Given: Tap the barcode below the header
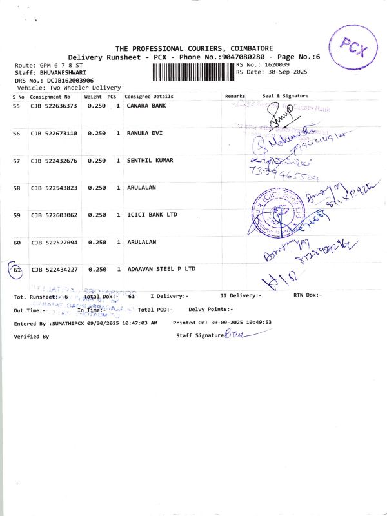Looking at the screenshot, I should tap(193, 72).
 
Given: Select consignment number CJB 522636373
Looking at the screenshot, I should tap(54, 105).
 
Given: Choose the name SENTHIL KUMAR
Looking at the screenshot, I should tap(150, 160).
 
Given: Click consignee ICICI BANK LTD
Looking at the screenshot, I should tap(152, 214).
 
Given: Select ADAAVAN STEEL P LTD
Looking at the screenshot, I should tap(161, 268).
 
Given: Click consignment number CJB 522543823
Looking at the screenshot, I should tap(54, 188).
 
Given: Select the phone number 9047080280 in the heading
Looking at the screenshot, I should tap(243, 57).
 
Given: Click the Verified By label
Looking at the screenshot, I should tap(31, 337).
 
